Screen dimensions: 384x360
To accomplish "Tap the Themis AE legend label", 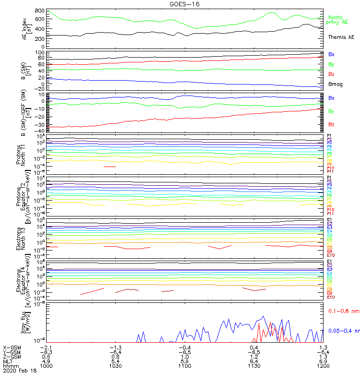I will coord(341,37).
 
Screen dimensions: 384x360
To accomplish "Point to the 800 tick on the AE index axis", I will coord(41,11).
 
